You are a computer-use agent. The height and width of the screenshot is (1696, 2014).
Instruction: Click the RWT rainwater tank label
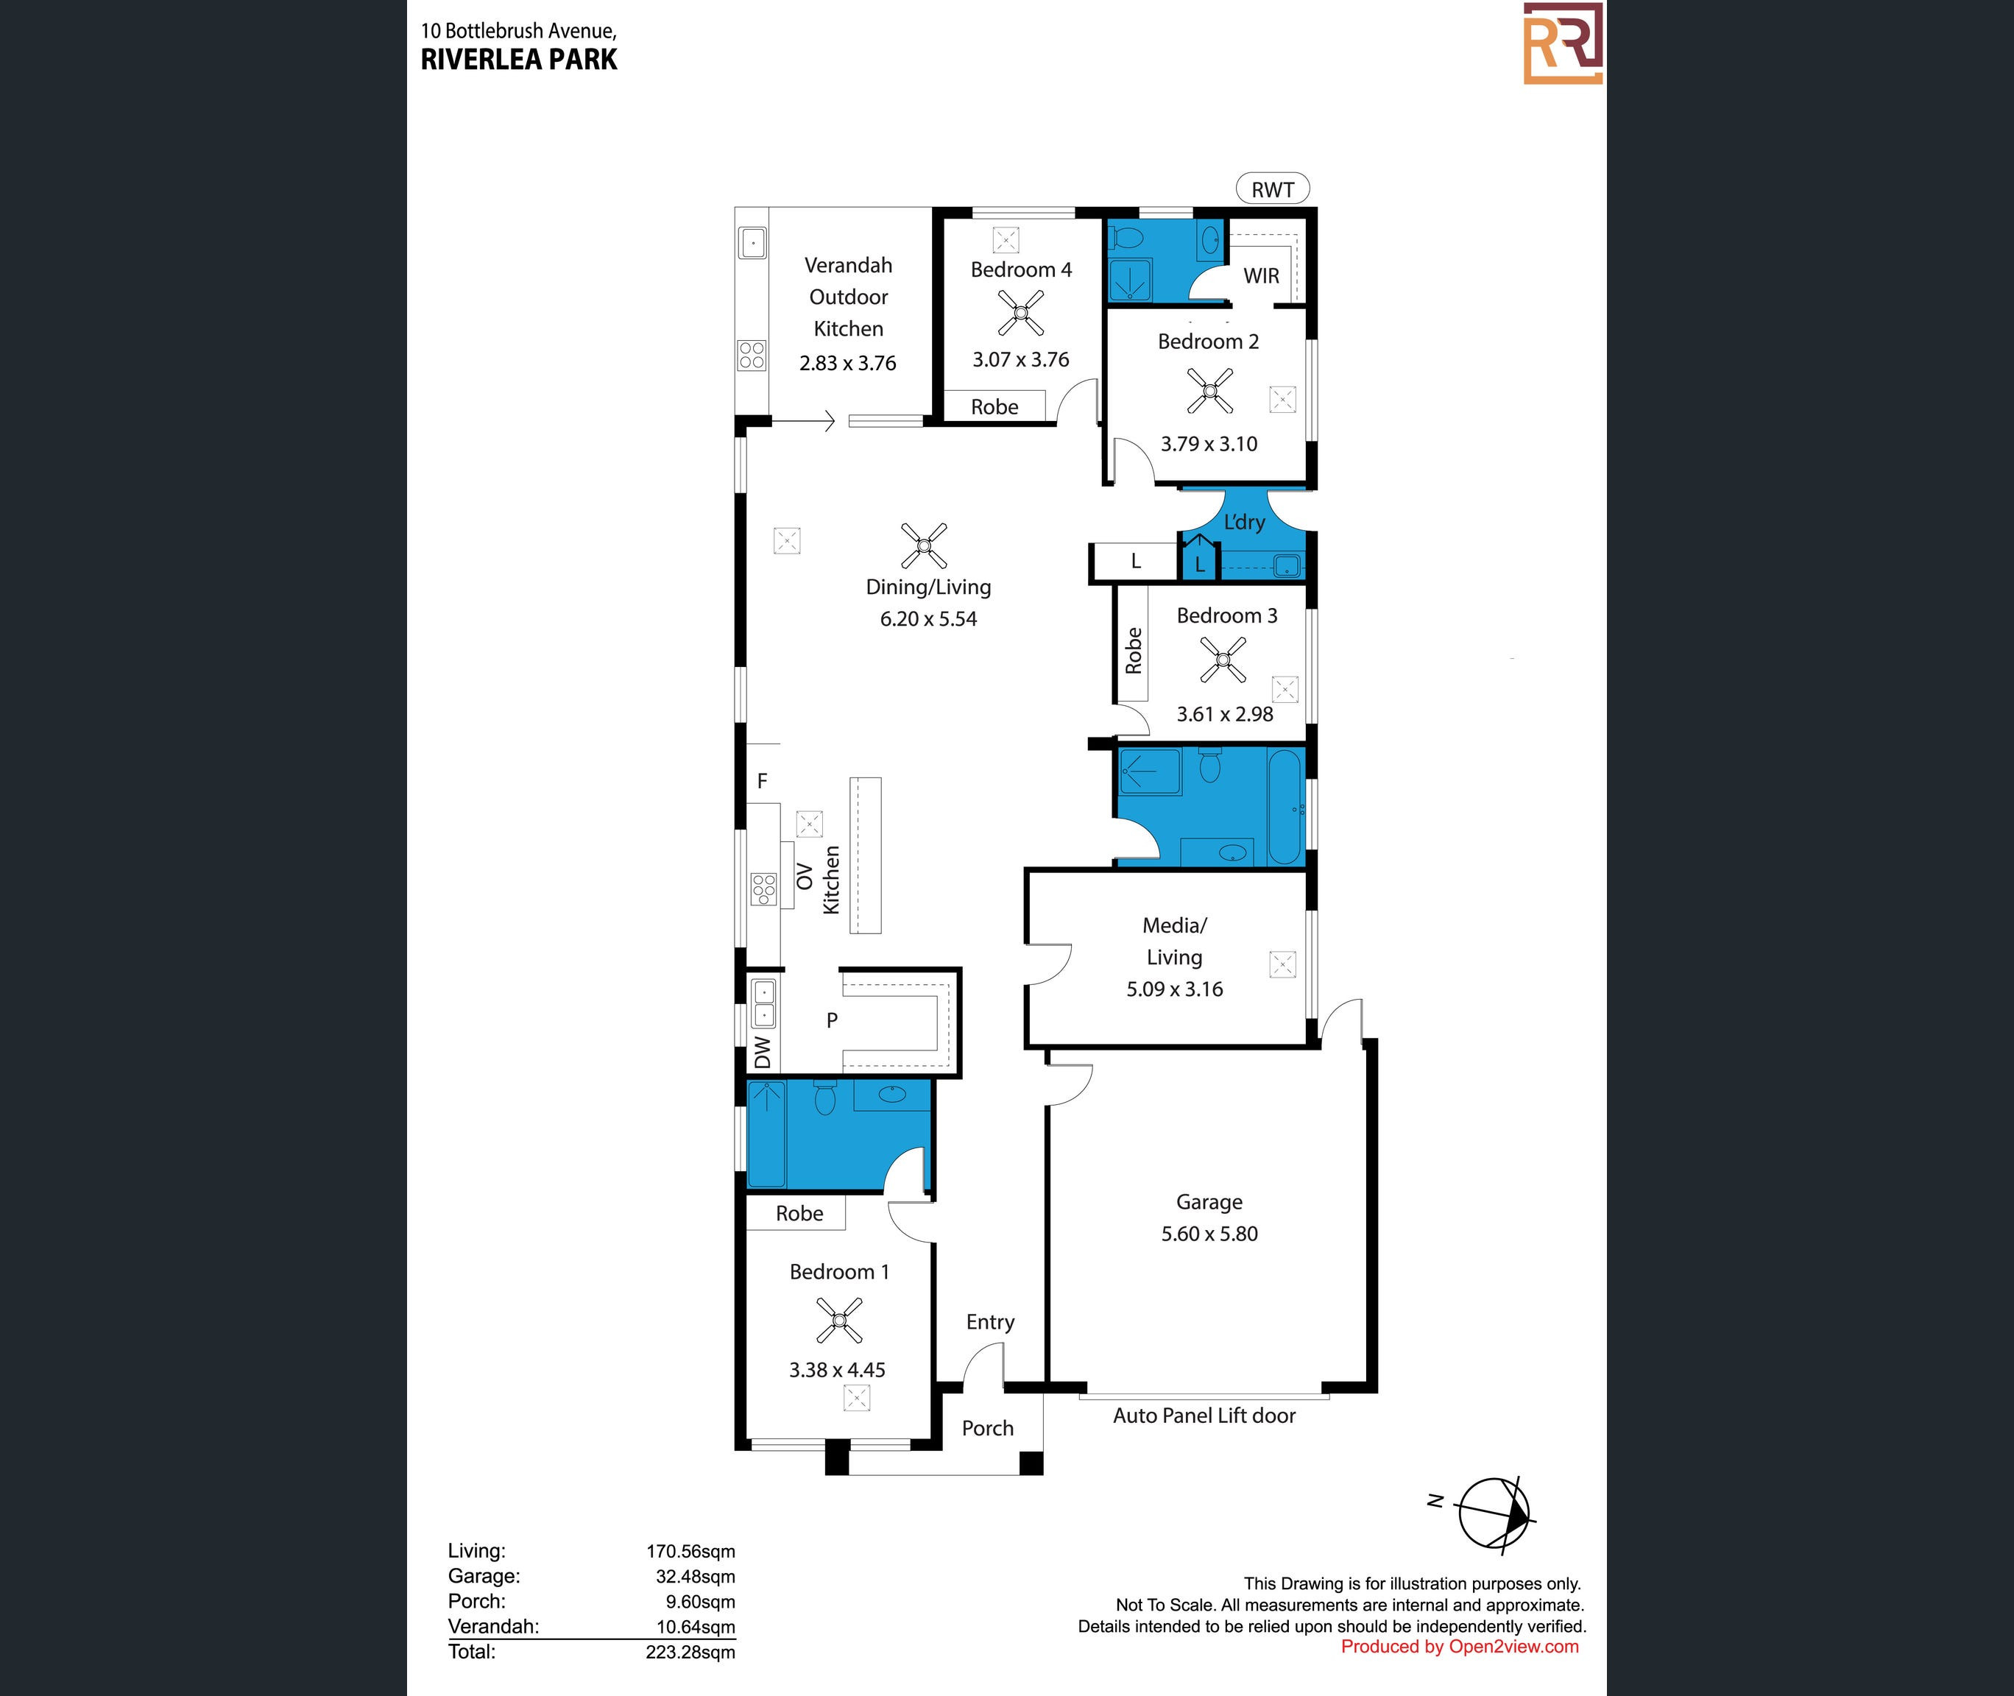(1272, 189)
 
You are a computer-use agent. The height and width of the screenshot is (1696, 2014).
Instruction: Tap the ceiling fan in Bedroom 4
(1021, 312)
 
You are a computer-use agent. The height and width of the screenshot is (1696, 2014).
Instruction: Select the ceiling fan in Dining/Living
(924, 546)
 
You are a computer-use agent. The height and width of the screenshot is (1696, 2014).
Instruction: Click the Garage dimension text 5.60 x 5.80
(1209, 1234)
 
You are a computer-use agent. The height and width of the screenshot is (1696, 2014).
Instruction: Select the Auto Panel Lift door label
(1204, 1416)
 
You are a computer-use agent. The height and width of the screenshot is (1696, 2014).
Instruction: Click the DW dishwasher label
(763, 1052)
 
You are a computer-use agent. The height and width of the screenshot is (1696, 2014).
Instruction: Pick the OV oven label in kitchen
(805, 877)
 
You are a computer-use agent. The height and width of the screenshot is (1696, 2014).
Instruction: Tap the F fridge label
(763, 781)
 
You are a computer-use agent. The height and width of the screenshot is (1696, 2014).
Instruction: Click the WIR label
(1261, 276)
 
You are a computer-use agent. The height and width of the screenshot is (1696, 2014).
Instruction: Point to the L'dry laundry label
(1244, 522)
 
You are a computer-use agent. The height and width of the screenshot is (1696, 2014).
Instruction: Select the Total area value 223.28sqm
(690, 1652)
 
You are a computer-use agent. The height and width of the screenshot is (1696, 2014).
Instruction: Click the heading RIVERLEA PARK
(519, 60)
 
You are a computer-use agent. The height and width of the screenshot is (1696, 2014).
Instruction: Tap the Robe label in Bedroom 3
(1134, 651)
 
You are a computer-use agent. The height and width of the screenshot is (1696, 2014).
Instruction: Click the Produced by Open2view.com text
(1460, 1646)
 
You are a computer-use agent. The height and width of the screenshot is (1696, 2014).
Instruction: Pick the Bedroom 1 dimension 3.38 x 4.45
(837, 1370)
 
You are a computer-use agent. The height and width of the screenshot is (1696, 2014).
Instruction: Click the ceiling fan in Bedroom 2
(1210, 390)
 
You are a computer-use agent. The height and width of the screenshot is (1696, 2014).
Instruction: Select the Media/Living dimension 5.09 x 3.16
(1175, 989)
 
